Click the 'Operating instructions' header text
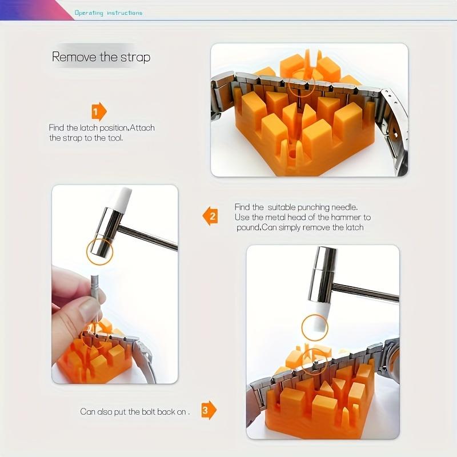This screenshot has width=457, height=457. [109, 13]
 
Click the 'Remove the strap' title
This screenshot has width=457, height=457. [101, 57]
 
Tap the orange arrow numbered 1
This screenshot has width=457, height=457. [99, 111]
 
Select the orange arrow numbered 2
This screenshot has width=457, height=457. [210, 216]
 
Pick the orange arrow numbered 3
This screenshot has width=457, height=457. [209, 410]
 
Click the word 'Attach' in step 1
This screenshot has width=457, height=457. [142, 128]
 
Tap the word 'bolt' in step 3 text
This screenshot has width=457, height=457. [148, 411]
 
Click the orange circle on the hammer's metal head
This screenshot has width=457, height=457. [99, 252]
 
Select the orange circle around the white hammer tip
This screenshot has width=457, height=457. [315, 327]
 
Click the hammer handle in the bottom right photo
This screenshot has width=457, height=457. [366, 292]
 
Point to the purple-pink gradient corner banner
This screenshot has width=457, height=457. [37, 10]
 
